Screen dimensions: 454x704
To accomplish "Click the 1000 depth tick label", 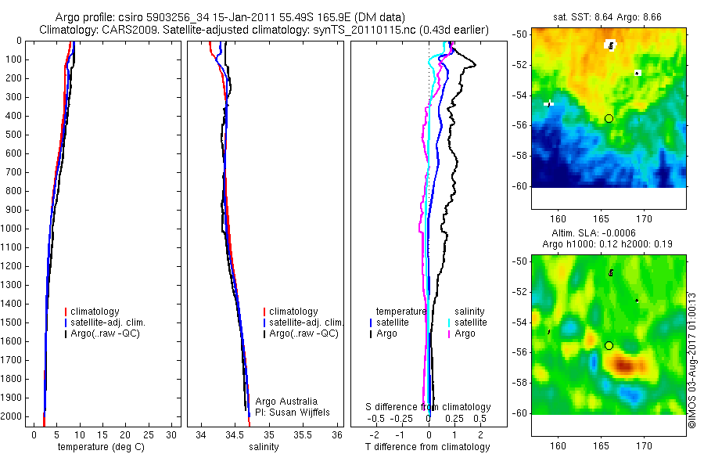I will click(x=13, y=229).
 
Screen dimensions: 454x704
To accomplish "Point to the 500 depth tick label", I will click(x=15, y=135).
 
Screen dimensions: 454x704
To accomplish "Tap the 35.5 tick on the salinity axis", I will click(x=304, y=434).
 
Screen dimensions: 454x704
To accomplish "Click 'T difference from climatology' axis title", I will click(x=427, y=447).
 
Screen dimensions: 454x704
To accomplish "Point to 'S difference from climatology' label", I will click(x=429, y=407).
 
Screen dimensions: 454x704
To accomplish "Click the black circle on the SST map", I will click(x=609, y=118).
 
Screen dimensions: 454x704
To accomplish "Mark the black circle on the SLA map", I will click(x=609, y=345).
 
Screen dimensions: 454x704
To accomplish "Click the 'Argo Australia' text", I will click(x=287, y=401).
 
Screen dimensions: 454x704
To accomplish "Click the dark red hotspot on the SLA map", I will click(x=624, y=364).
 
